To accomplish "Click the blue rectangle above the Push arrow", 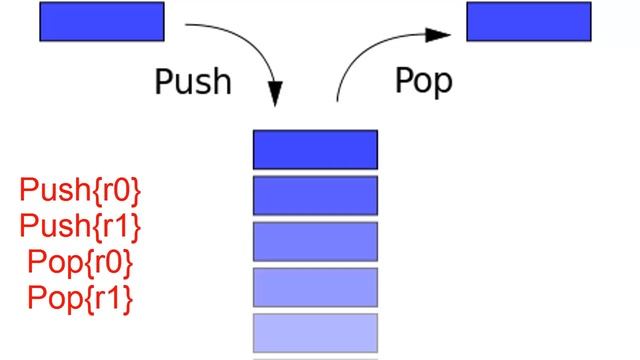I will (101, 21).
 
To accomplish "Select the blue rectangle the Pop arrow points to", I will (528, 21).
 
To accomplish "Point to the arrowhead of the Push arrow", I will (273, 98).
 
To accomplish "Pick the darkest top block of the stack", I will (315, 149).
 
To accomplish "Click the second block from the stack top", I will (315, 195).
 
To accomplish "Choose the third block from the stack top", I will (315, 241).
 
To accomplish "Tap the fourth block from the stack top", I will (315, 287).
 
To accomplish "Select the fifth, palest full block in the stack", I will (315, 332).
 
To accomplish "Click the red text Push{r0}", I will (81, 190).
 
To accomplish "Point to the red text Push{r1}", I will (81, 226).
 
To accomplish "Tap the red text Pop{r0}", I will (81, 262).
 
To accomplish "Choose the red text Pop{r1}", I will (81, 297).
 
